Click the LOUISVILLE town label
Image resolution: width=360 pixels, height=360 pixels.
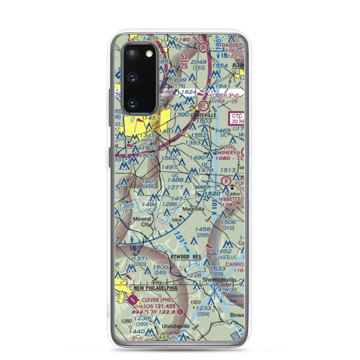coord(204,115)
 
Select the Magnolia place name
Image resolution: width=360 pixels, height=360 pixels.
coord(193,209)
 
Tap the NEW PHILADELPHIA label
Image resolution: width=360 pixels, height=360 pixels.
coord(155,288)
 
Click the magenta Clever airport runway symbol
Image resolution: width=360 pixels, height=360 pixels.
coord(132,299)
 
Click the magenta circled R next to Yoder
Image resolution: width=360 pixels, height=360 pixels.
coord(204,105)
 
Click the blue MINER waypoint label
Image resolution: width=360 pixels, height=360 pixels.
coord(203,187)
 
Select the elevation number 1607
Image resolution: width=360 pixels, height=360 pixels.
coord(149,181)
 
